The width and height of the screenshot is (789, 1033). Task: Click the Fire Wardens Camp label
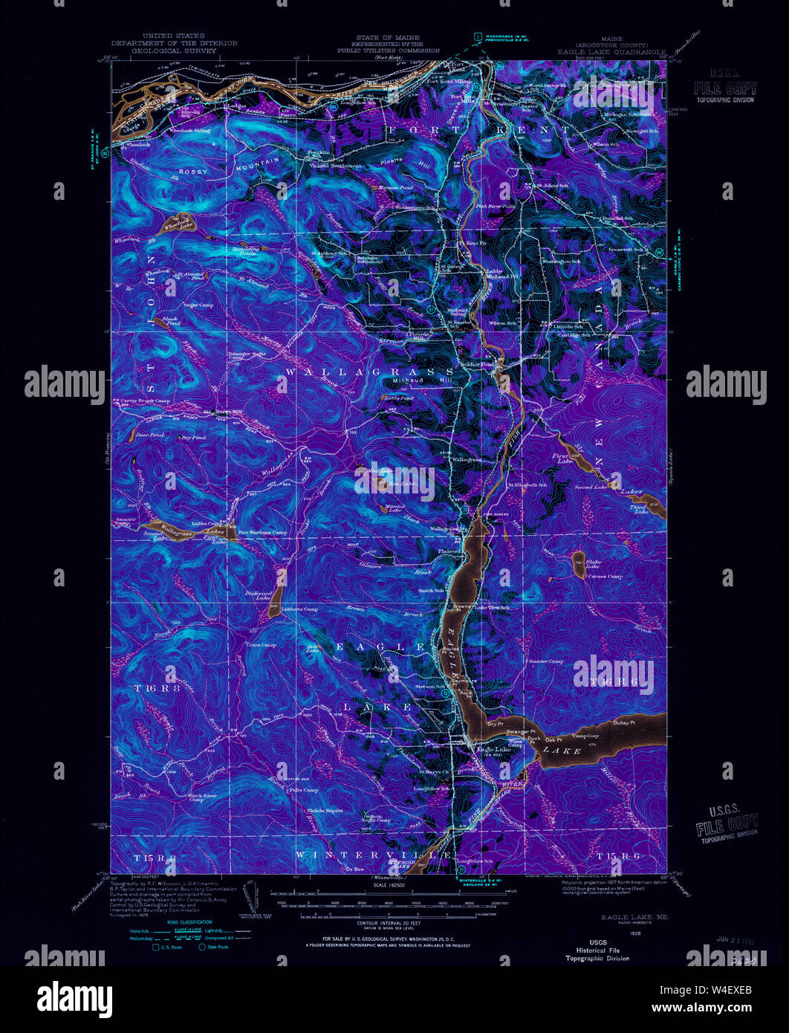(265, 532)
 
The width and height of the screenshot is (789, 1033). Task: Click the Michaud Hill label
(411, 381)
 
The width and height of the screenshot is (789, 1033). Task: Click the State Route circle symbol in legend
(201, 948)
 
